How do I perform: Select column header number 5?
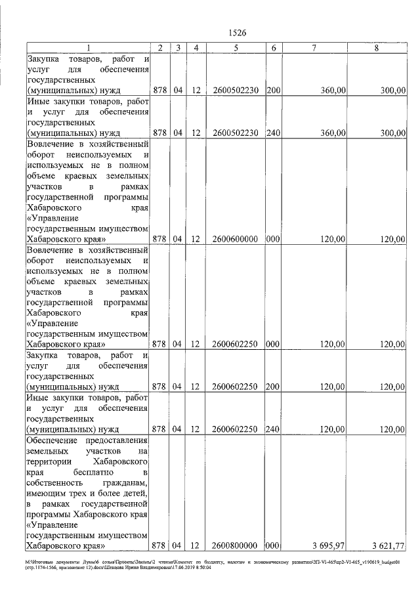click(x=235, y=48)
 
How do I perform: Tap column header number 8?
click(x=376, y=48)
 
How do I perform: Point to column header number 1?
click(x=88, y=48)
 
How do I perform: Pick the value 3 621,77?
click(x=388, y=545)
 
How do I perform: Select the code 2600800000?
click(x=235, y=545)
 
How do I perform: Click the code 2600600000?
click(x=235, y=240)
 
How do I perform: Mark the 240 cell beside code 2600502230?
click(x=274, y=133)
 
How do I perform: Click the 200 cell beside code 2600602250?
click(x=274, y=387)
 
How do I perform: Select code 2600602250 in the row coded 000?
click(x=235, y=343)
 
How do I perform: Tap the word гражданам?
click(x=123, y=482)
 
